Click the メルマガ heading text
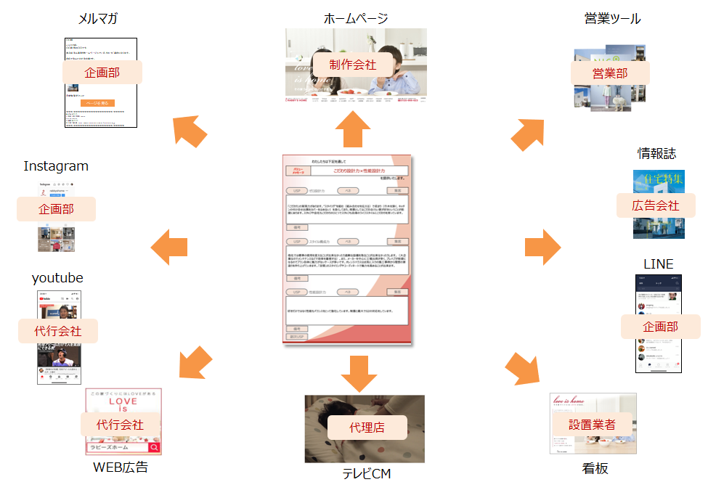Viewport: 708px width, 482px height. pos(99,19)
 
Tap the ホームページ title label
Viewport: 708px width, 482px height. pos(356,19)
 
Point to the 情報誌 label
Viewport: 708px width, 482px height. pos(656,153)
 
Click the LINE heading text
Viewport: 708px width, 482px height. pos(658,263)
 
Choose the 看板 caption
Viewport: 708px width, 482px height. pos(594,469)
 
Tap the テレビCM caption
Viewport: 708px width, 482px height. pos(367,473)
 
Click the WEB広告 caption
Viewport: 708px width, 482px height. pos(121,467)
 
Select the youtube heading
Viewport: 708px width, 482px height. pos(57,278)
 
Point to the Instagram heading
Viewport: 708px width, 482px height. pos(56,166)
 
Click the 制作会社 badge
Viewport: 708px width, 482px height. pos(352,64)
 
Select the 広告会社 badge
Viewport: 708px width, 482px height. pos(656,205)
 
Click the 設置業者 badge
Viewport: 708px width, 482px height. pos(592,424)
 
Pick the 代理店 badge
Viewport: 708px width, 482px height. pos(367,428)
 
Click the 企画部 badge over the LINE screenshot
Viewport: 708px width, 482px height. pos(660,327)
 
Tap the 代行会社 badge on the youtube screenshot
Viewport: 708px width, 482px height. pos(57,331)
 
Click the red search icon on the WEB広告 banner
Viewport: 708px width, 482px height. pos(153,448)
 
